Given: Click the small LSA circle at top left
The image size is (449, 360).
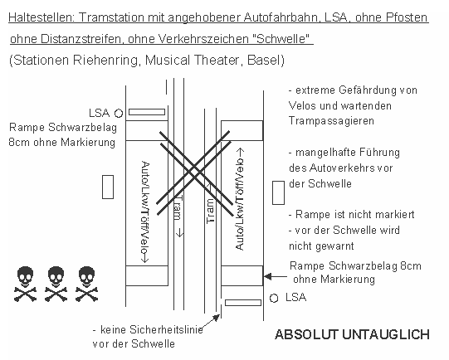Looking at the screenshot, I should [x=119, y=112].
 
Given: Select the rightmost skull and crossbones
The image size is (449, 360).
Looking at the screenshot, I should [x=87, y=282].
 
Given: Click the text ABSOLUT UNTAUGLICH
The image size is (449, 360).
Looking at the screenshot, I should [x=352, y=334].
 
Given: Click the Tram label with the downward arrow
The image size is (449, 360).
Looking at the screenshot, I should [x=177, y=216].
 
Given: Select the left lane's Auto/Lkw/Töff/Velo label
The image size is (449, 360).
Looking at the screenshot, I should [x=146, y=212].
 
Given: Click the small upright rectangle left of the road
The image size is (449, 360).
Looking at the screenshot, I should [x=107, y=187].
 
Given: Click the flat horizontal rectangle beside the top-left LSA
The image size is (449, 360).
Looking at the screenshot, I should [x=146, y=111].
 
